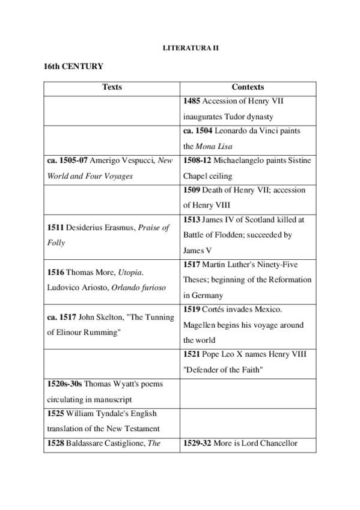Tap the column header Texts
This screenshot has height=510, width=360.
[112, 87]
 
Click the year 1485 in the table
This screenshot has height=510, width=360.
[192, 102]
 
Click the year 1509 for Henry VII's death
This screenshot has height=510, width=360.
[192, 190]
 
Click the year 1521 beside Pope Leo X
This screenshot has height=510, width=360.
[192, 354]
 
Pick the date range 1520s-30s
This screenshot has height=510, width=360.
[65, 384]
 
